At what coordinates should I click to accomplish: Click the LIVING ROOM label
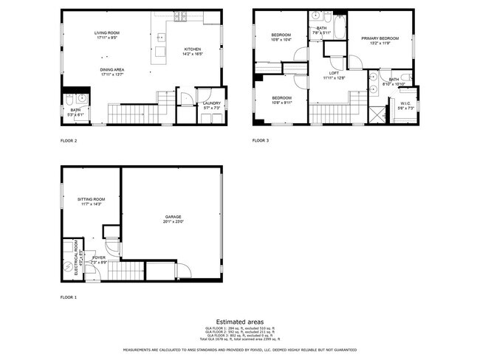point(107,33)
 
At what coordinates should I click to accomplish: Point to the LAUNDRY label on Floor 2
point(211,104)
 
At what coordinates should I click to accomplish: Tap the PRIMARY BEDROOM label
point(380,38)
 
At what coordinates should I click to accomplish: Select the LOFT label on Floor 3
point(334,73)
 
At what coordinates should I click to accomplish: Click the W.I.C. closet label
point(405,104)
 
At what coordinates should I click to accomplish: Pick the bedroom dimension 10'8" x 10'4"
point(281,40)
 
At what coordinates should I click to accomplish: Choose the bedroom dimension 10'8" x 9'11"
point(281,102)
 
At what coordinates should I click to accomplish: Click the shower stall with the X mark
point(379,114)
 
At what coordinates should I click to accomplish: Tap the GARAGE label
point(173,217)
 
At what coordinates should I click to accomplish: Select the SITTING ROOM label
point(92,199)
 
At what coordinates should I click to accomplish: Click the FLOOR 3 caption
point(261,140)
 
